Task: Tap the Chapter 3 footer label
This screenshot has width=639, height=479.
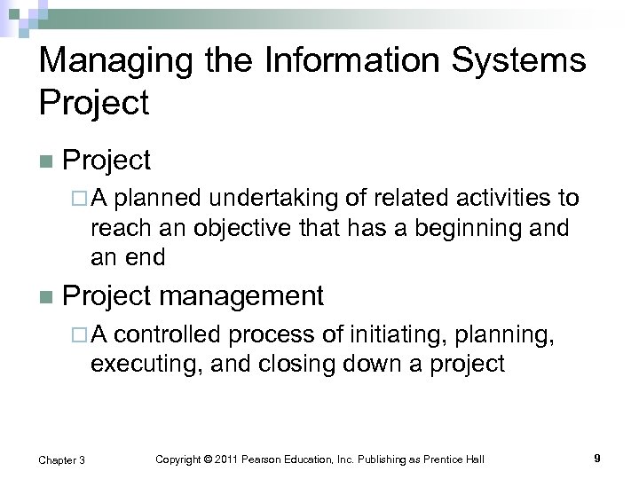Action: coord(61,459)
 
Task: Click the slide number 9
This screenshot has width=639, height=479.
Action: coord(597,459)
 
